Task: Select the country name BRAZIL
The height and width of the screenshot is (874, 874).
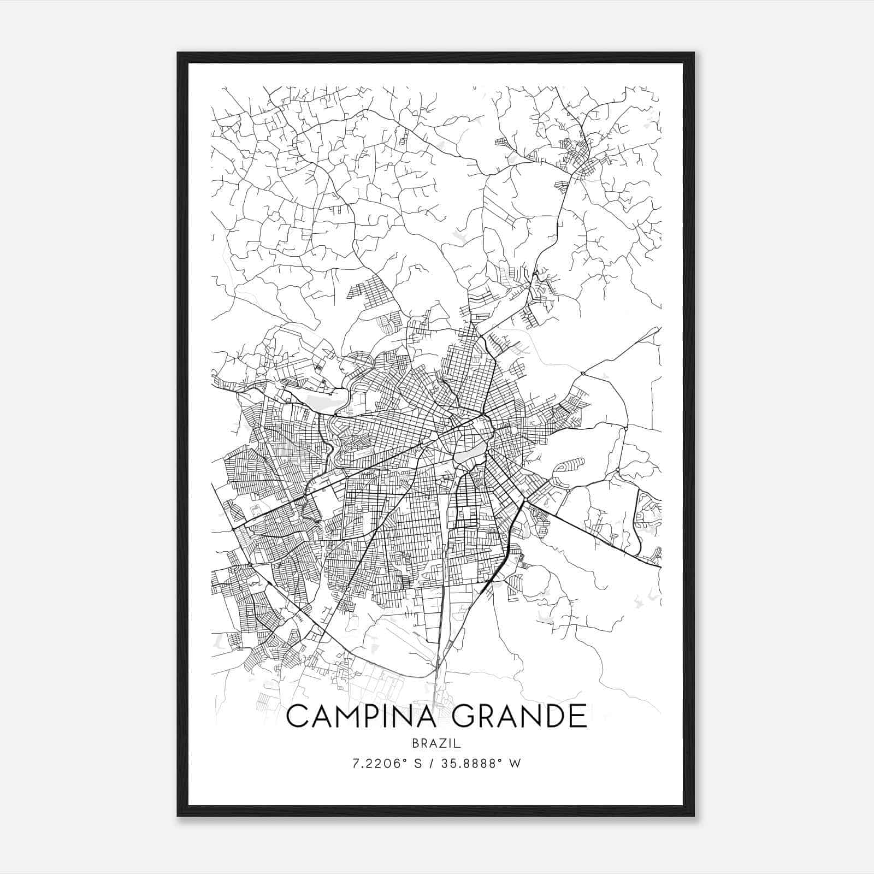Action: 436,743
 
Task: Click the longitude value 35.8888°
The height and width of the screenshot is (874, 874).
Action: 475,764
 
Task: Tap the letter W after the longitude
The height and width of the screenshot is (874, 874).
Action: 515,764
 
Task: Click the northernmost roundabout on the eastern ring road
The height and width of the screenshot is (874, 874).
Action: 583,373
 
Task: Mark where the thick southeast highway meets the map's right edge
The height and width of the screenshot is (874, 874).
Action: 660,567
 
